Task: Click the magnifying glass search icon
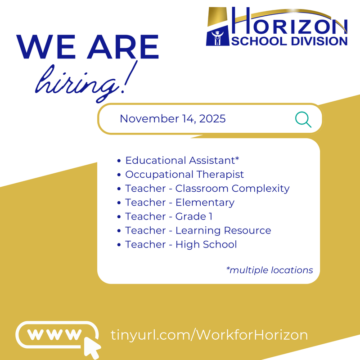303,119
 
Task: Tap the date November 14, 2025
172,119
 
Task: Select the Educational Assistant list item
182,160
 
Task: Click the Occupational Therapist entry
184,174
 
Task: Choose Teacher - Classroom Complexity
207,188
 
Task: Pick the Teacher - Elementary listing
180,202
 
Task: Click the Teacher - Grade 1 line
169,216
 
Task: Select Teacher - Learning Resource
198,230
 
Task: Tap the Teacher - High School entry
181,244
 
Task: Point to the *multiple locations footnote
269,270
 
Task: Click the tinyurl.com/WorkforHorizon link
209,335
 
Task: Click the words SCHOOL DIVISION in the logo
290,41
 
